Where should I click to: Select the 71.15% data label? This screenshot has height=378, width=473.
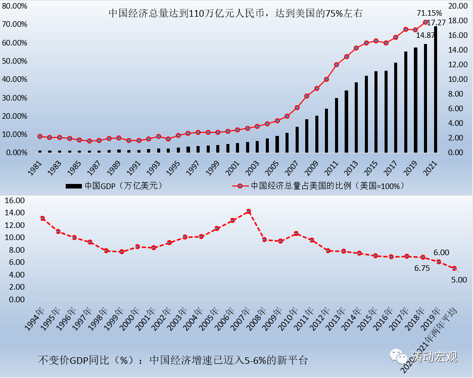click(x=429, y=12)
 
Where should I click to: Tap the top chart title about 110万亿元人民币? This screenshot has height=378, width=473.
click(x=235, y=14)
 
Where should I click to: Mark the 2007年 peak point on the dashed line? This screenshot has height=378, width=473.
click(x=248, y=211)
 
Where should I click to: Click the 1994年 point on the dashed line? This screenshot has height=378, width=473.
click(x=42, y=218)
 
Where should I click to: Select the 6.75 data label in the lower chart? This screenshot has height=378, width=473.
click(x=422, y=268)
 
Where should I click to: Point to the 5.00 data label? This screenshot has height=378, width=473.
click(x=459, y=279)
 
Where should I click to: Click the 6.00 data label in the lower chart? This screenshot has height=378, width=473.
click(x=441, y=252)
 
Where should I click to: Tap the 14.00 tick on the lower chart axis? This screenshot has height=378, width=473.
click(x=15, y=212)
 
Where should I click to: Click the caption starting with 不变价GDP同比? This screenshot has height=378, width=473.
click(x=172, y=360)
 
